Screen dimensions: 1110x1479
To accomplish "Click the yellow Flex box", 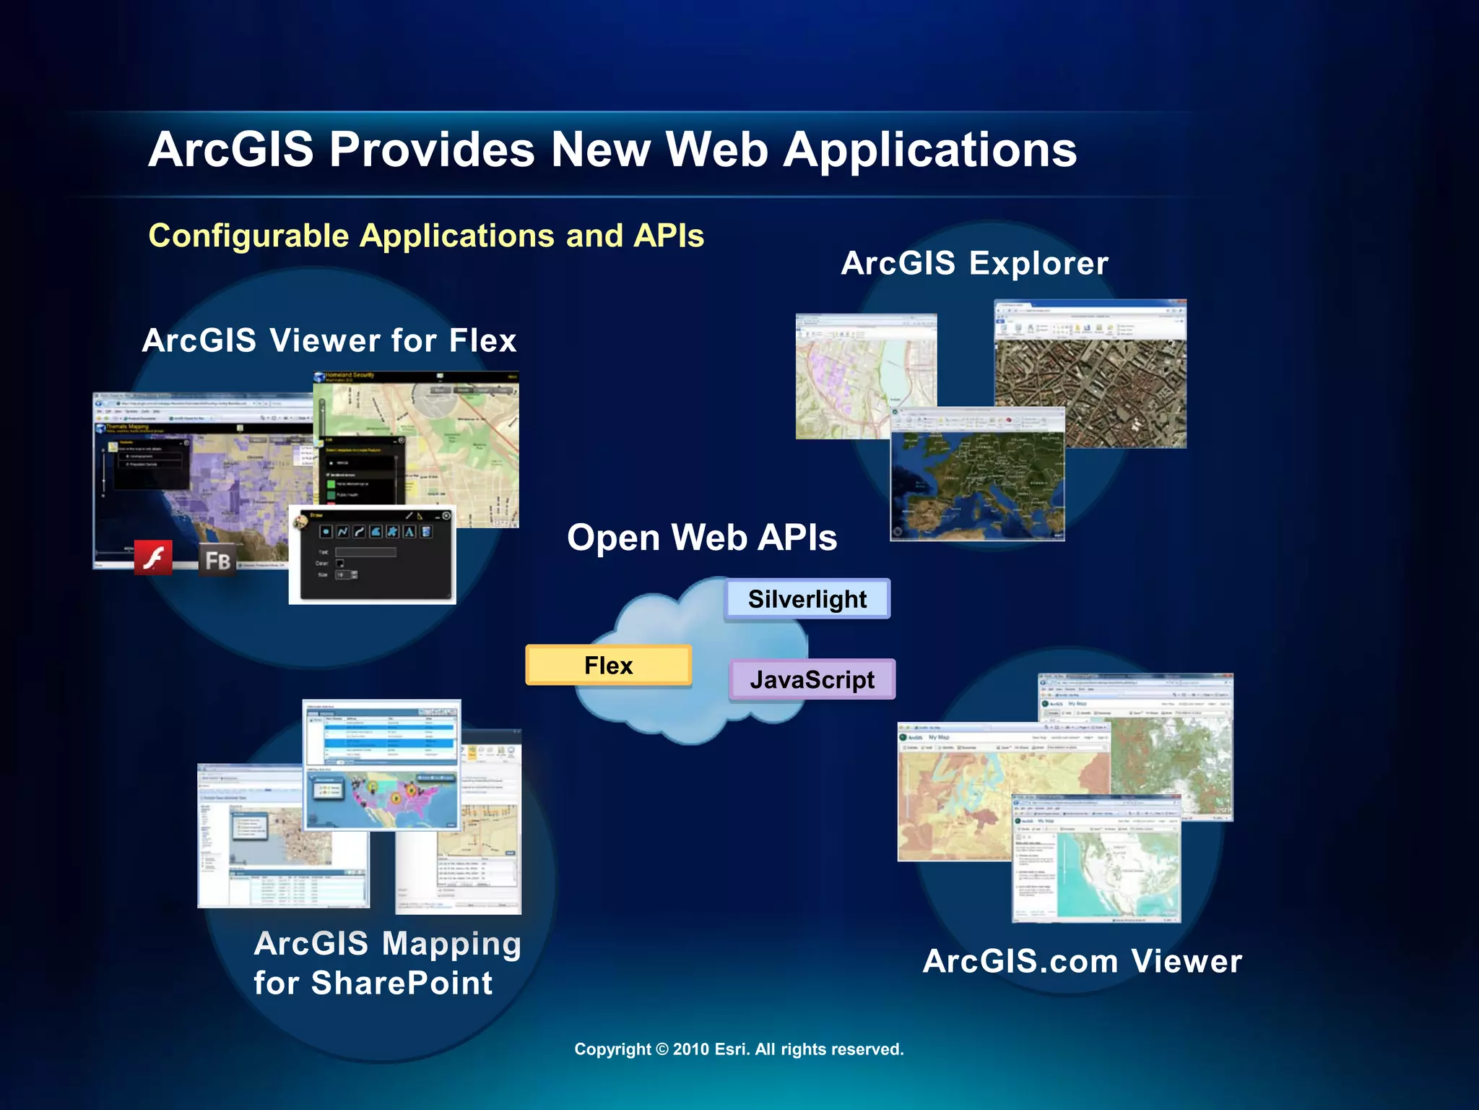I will pos(608,665).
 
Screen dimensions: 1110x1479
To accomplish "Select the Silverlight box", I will pos(807,599).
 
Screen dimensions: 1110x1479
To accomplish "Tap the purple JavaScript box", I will pos(812,679).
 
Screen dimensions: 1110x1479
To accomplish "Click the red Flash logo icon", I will pos(153,558).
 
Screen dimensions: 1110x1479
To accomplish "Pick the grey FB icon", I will pos(217,561).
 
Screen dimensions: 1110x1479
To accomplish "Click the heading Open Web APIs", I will pos(702,538).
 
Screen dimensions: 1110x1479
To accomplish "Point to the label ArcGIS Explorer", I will pos(974,263).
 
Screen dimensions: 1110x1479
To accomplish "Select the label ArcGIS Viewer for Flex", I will pos(329,340).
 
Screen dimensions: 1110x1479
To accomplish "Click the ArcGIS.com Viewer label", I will pos(1082,961).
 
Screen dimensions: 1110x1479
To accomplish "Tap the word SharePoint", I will pos(402,984).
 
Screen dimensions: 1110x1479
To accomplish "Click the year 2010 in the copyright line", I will pos(690,1049).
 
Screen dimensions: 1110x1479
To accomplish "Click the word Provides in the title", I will pos(432,150).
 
